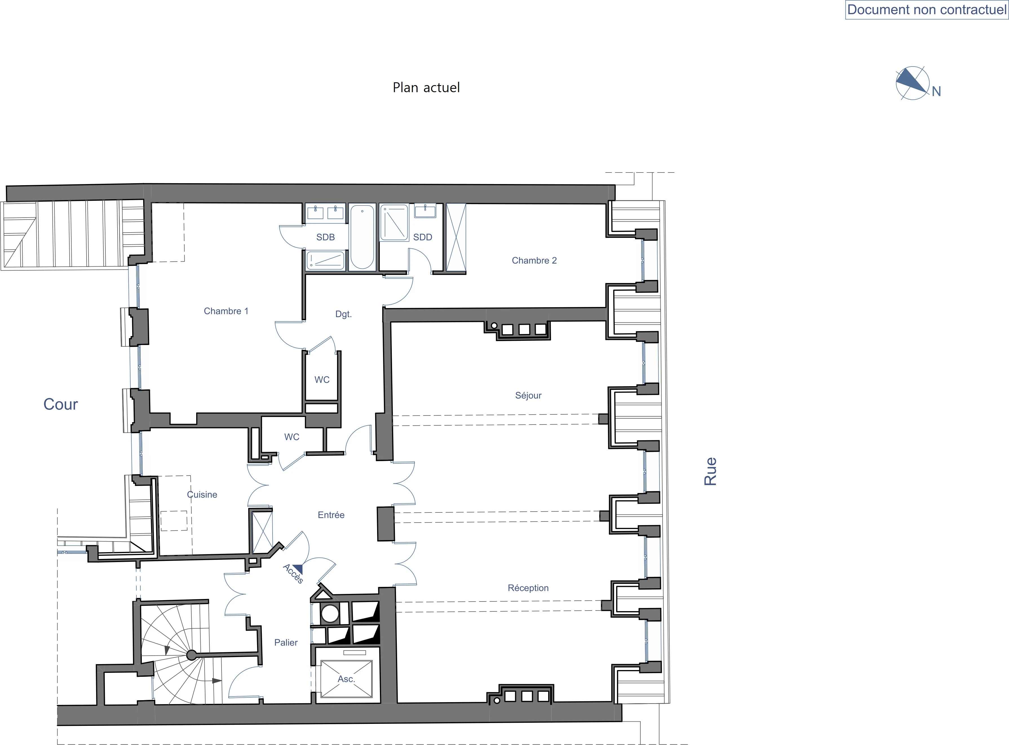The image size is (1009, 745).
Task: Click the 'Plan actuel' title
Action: [x=426, y=87]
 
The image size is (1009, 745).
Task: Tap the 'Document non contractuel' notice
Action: [x=926, y=10]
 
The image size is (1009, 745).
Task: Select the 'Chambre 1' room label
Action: [x=226, y=311]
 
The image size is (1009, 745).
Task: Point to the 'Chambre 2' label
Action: [x=534, y=261]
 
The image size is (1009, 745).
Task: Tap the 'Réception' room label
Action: [x=528, y=588]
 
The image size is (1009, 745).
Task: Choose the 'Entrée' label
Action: [x=331, y=515]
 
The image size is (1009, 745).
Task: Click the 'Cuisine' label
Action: [x=202, y=495]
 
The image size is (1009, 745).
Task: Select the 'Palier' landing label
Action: [x=286, y=643]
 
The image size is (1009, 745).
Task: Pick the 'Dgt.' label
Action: [x=343, y=314]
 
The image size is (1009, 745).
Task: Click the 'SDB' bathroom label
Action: [x=326, y=237]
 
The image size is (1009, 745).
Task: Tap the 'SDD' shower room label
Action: [x=422, y=237]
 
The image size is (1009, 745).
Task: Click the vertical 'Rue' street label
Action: [x=710, y=471]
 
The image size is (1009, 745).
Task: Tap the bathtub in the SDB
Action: [x=362, y=237]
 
